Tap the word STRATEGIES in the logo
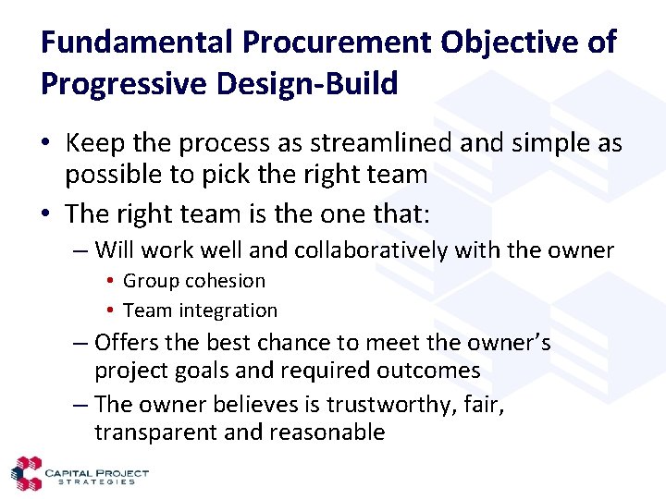pos(96,481)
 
